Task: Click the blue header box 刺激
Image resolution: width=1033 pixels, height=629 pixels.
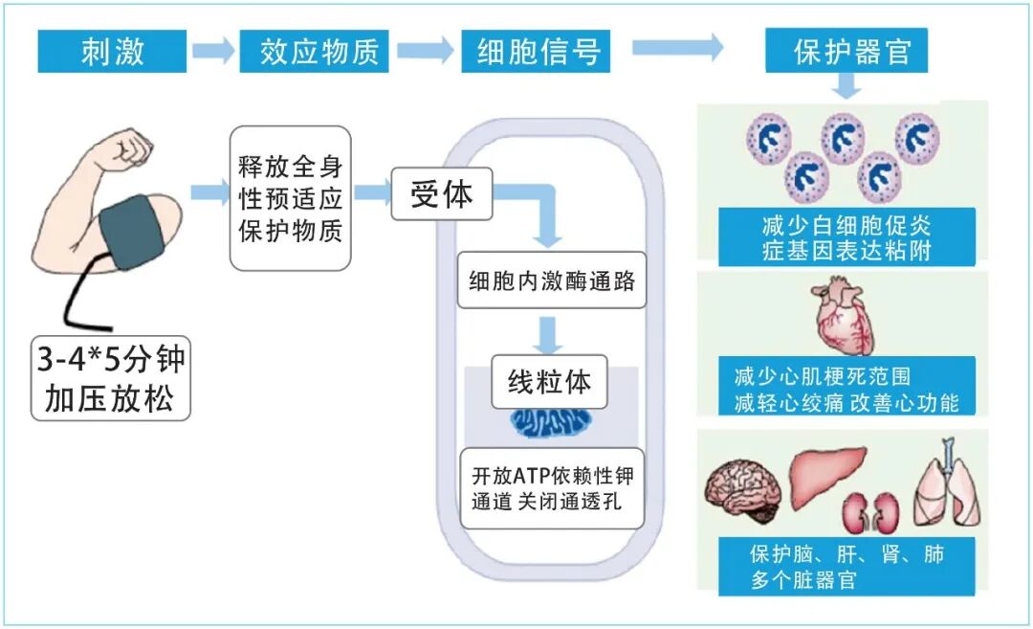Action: (112, 52)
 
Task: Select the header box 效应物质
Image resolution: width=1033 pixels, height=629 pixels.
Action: (314, 52)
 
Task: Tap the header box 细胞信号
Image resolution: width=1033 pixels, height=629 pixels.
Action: (535, 52)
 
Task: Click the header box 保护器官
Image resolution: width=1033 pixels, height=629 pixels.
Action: (846, 52)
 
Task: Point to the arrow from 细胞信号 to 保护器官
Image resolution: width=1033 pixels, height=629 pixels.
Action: (677, 48)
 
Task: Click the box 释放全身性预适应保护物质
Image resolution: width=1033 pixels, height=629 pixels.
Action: (290, 198)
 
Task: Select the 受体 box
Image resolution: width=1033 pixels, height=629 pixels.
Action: (441, 194)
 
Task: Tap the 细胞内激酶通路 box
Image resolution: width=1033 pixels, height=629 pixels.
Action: (551, 281)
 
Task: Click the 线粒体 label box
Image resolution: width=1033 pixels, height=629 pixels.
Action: (548, 382)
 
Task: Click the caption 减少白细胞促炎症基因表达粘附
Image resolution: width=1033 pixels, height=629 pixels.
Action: (846, 237)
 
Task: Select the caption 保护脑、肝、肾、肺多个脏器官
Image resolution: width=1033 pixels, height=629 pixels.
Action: (846, 566)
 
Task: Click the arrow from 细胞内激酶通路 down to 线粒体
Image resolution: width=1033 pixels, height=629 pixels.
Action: (548, 332)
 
